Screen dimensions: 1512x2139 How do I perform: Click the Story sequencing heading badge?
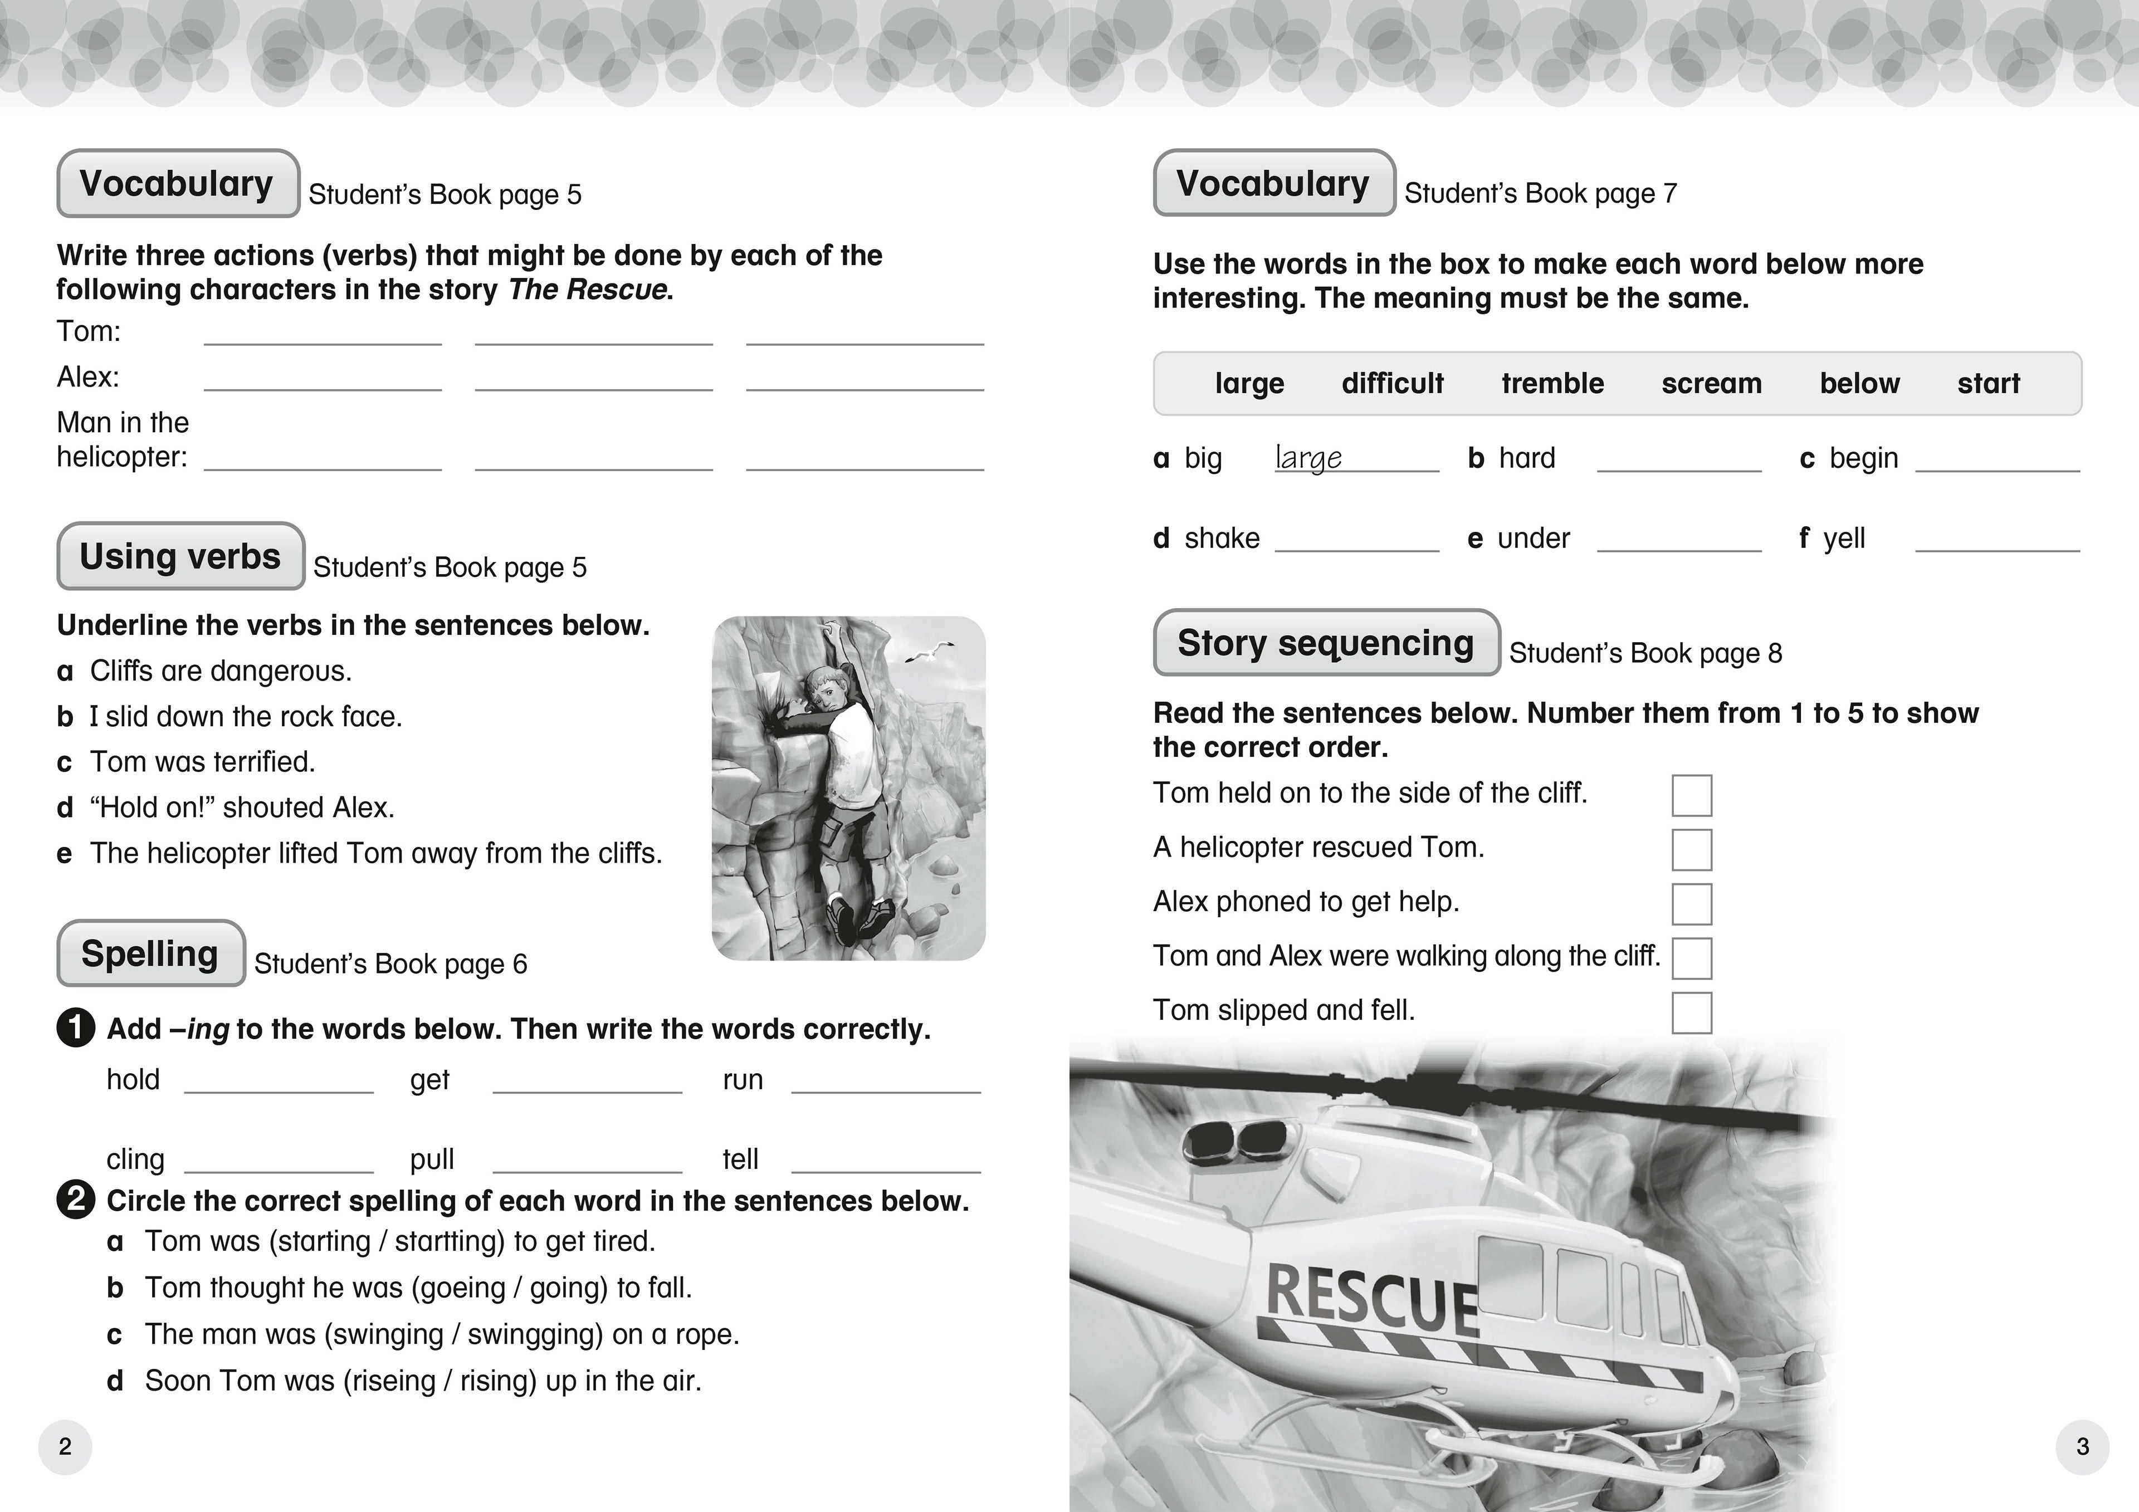pyautogui.click(x=1326, y=643)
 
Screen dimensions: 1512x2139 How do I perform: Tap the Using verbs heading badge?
pyautogui.click(x=180, y=556)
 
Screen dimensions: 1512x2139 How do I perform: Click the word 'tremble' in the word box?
pyautogui.click(x=1552, y=383)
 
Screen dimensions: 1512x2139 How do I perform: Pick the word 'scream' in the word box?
pyautogui.click(x=1711, y=383)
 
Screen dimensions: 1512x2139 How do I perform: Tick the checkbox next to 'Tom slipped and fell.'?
pyautogui.click(x=1691, y=1012)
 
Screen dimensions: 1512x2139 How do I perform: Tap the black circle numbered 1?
pyautogui.click(x=75, y=1029)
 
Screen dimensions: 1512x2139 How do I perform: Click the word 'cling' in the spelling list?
pyautogui.click(x=135, y=1159)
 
